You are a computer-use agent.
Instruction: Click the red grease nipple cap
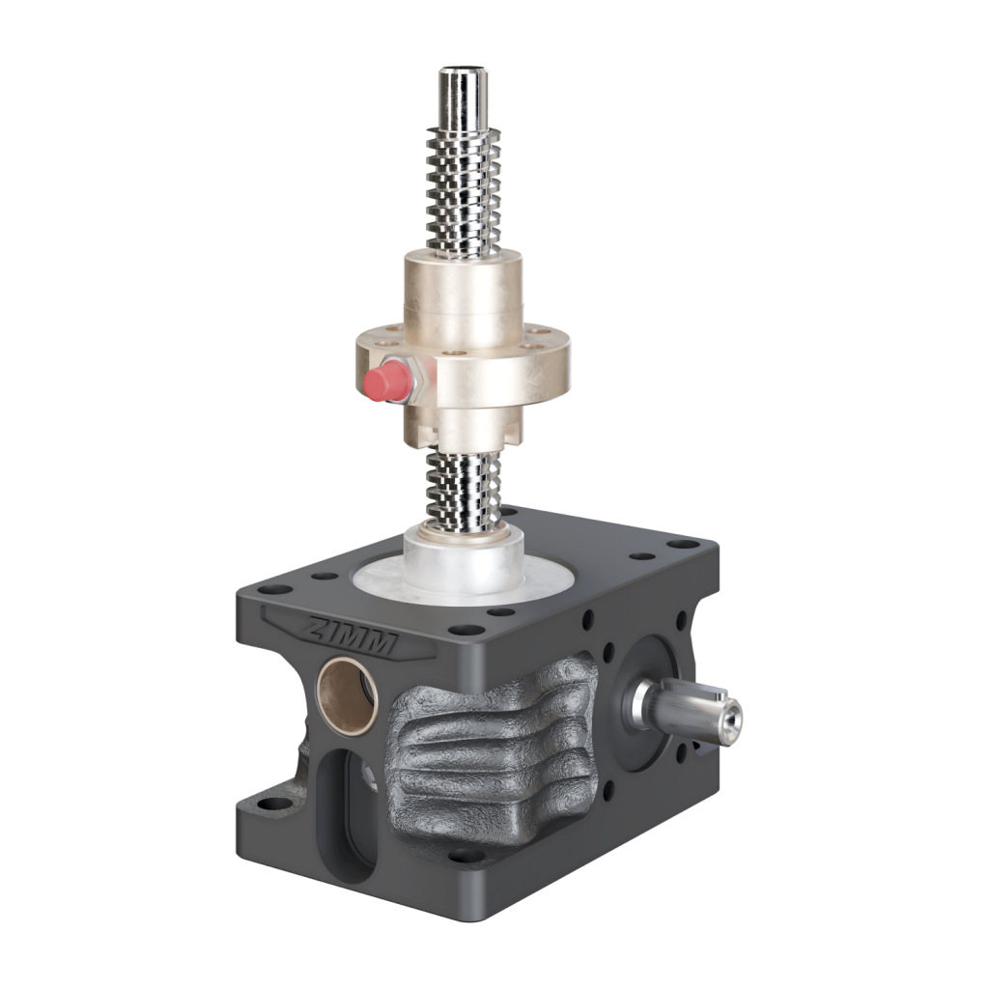coord(384,381)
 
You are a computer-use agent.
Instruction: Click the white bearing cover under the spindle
coord(464,560)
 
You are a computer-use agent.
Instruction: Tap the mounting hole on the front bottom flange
coord(467,855)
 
